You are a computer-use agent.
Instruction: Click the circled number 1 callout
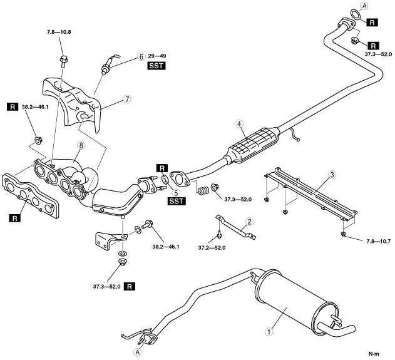pos(269,332)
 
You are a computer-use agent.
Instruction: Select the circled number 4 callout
pos(239,123)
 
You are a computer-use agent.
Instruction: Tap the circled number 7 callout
pos(127,99)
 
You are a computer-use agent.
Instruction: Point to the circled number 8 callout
pos(81,145)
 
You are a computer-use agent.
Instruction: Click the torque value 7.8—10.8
pos(59,32)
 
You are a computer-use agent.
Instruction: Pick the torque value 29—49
pos(157,56)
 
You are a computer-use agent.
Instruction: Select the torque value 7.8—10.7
pos(378,241)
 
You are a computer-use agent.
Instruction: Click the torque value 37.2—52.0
pos(212,248)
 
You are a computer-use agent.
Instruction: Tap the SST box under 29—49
pos(156,66)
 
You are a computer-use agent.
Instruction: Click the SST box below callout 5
pos(177,201)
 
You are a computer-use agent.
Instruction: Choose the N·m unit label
pos(374,354)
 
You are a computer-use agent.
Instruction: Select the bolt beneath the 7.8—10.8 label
pos(63,61)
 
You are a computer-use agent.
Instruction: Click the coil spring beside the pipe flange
pos(203,190)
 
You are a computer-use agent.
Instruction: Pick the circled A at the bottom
pos(137,352)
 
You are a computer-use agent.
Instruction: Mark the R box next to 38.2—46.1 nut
pos(13,107)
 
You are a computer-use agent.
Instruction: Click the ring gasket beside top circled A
pos(356,14)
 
